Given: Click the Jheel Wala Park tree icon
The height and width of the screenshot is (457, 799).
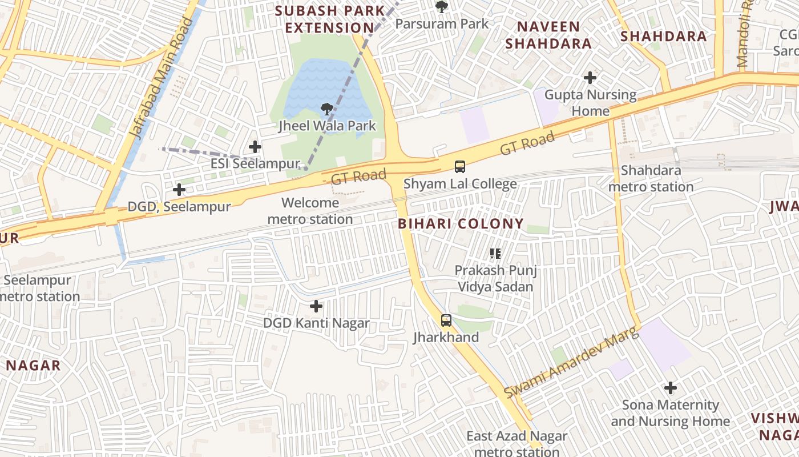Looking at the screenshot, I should pyautogui.click(x=326, y=109).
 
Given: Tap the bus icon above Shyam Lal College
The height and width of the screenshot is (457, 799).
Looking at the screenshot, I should pyautogui.click(x=459, y=167).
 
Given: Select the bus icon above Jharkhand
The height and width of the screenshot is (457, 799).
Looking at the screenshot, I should pyautogui.click(x=446, y=320).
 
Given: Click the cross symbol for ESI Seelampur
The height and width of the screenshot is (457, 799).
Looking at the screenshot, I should pyautogui.click(x=255, y=147).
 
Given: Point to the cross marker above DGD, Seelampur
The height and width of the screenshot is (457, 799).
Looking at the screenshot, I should pyautogui.click(x=179, y=189).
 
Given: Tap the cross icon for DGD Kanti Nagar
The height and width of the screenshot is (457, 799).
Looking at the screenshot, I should pyautogui.click(x=316, y=306).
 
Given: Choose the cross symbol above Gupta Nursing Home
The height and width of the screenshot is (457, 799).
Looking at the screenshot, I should pyautogui.click(x=590, y=77).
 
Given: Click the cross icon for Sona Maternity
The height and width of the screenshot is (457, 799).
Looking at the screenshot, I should pyautogui.click(x=671, y=388).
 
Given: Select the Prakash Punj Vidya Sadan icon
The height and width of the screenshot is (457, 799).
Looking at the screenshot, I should pyautogui.click(x=495, y=253).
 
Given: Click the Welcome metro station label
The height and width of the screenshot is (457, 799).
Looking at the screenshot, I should pyautogui.click(x=310, y=211).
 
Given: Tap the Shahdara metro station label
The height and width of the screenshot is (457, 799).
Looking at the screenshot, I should pyautogui.click(x=651, y=178).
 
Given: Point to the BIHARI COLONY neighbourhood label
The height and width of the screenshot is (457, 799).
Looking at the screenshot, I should pyautogui.click(x=461, y=224).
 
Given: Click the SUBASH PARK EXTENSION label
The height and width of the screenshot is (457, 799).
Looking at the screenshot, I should pyautogui.click(x=330, y=19).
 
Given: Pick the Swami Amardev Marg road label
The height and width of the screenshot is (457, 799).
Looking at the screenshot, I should pyautogui.click(x=570, y=364).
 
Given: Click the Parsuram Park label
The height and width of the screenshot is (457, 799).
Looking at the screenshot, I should pyautogui.click(x=442, y=23).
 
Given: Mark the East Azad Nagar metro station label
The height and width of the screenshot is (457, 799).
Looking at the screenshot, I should pyautogui.click(x=517, y=444).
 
